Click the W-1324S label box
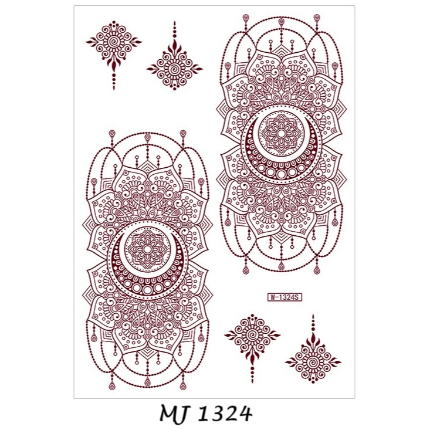[285, 297]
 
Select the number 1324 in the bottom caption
[225, 413]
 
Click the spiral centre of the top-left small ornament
[113, 42]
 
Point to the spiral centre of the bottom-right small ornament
[313, 363]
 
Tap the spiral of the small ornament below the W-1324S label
[252, 335]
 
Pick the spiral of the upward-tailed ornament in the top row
[174, 69]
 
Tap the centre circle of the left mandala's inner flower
[147, 249]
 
